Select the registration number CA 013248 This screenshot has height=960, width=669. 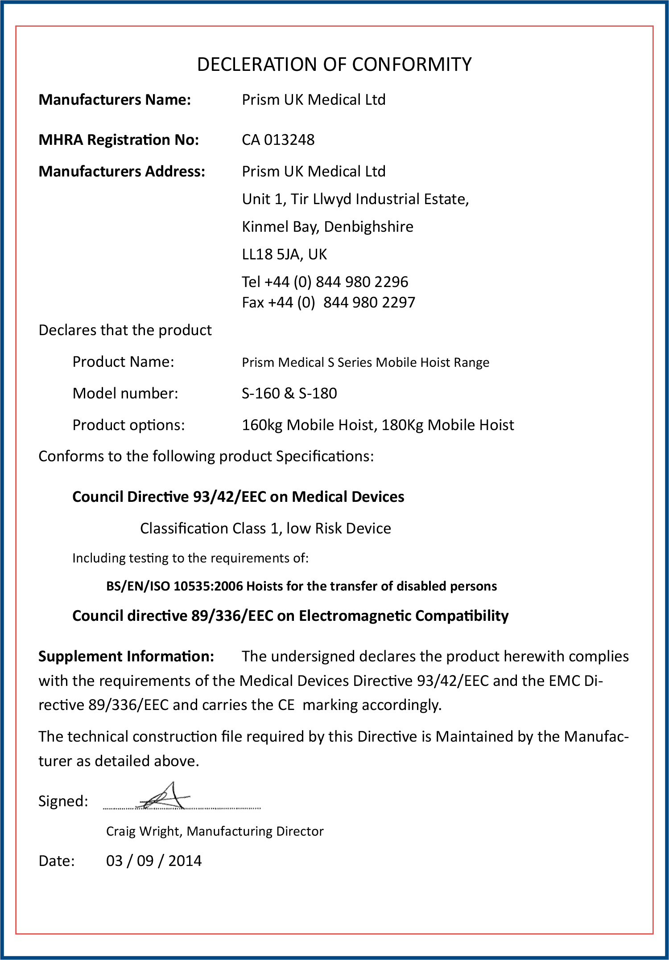278,140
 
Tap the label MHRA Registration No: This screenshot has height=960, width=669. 119,140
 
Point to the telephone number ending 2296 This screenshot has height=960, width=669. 362,282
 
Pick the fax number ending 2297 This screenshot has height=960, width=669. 369,303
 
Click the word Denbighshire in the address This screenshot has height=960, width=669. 368,227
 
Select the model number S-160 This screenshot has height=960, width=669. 260,394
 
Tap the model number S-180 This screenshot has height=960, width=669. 318,394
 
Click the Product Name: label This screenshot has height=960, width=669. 123,362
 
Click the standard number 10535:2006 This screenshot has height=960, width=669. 208,586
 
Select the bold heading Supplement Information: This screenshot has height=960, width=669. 126,656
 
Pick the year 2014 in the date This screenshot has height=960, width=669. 185,861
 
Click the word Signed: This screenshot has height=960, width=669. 63,801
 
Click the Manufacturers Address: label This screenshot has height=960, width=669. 122,172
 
